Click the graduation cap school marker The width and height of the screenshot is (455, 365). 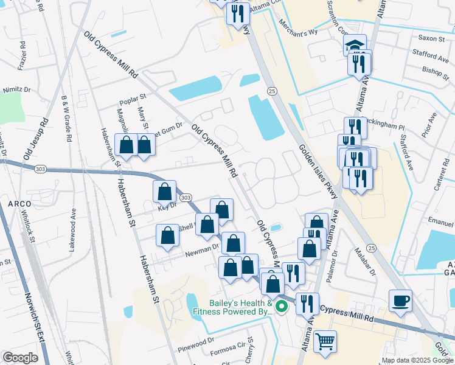(355, 46)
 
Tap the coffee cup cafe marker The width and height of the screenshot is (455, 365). (401, 301)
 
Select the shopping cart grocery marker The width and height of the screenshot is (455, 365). (325, 341)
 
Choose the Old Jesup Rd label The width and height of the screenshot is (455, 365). (36, 141)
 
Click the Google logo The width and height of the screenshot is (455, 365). (20, 358)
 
